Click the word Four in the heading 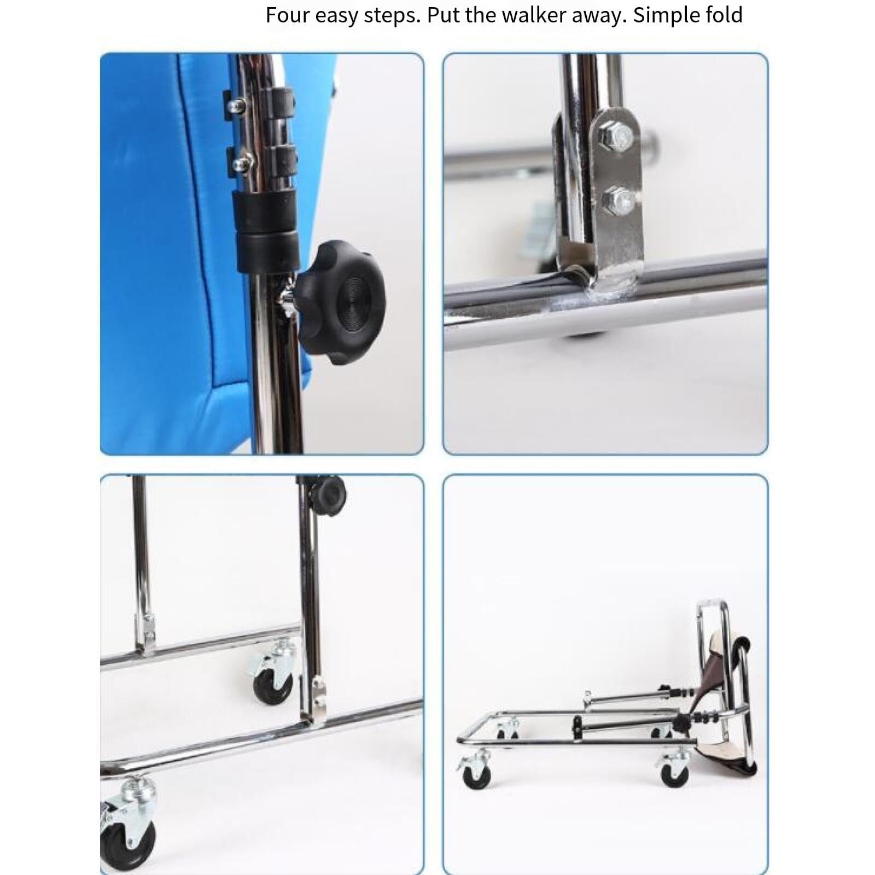[x=289, y=15]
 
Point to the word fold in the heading [x=727, y=15]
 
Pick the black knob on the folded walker [x=681, y=725]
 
